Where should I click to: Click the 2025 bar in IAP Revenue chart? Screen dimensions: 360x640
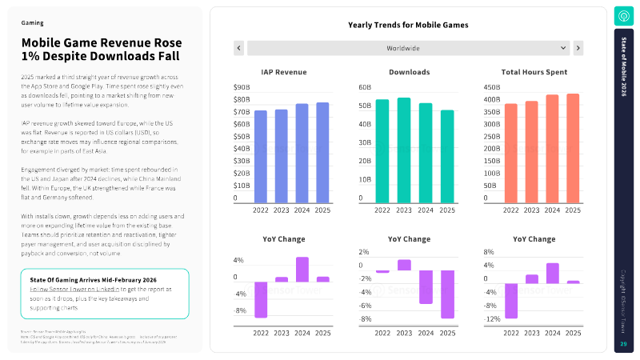[x=322, y=153]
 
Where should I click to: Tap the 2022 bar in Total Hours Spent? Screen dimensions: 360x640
[x=510, y=154]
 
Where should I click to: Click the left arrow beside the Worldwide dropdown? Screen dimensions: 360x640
[x=238, y=48]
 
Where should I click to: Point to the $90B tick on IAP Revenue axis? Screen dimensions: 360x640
[x=241, y=86]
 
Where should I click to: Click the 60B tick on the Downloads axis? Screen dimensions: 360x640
[x=365, y=86]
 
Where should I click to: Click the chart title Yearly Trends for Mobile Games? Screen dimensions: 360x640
[x=408, y=25]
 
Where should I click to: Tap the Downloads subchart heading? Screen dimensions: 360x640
[x=408, y=72]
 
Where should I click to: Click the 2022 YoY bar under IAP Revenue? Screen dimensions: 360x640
[x=260, y=299]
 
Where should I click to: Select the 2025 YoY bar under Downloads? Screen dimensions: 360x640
[x=447, y=294]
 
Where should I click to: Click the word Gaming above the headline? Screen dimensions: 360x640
[x=33, y=24]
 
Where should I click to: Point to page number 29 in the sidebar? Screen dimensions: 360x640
[x=624, y=344]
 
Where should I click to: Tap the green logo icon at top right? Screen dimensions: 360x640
[x=624, y=16]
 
